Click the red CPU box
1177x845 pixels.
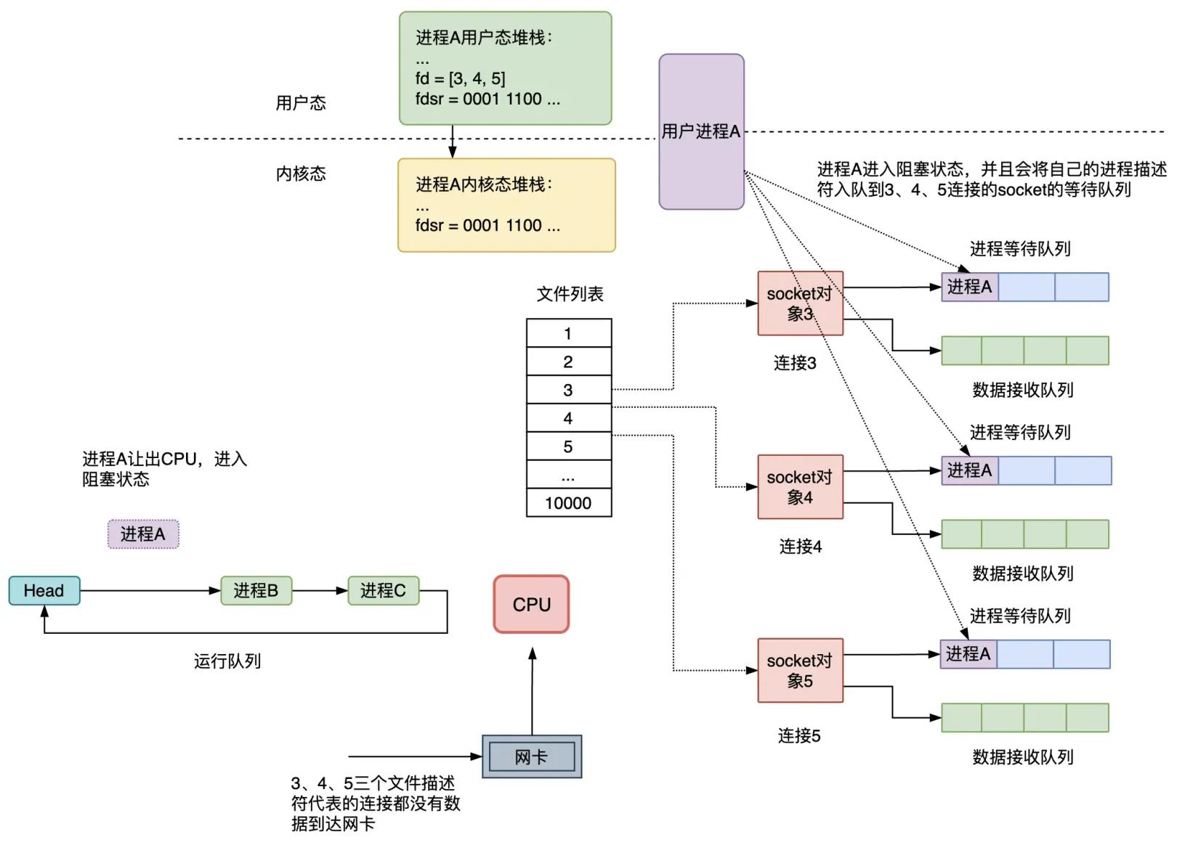click(531, 604)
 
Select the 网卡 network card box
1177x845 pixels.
click(532, 756)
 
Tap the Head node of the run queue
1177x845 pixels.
click(44, 590)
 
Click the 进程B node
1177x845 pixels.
click(256, 590)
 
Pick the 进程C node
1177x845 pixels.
click(383, 590)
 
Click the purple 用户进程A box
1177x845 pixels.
click(701, 131)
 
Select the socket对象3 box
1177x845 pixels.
click(800, 303)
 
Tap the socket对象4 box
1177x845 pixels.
click(800, 487)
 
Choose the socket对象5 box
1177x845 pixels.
click(800, 670)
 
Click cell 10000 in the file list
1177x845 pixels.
click(568, 502)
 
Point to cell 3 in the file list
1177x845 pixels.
click(568, 390)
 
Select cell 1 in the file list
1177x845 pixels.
click(568, 333)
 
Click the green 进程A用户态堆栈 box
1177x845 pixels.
click(505, 68)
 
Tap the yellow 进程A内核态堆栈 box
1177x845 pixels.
click(506, 205)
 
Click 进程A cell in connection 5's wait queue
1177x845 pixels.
click(968, 654)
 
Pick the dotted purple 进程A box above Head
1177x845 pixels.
click(143, 534)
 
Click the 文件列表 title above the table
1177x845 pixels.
click(570, 294)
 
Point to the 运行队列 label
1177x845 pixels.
click(227, 661)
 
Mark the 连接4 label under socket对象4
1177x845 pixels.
click(800, 547)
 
